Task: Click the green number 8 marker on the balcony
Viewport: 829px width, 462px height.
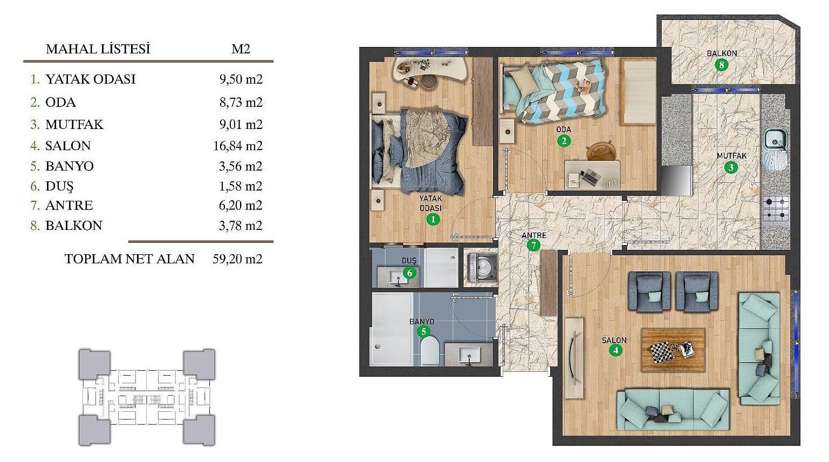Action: point(721,65)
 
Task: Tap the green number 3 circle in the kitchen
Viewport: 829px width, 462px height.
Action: point(731,167)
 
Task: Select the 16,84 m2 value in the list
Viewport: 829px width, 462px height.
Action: point(238,146)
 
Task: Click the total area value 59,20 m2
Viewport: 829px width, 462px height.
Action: point(238,259)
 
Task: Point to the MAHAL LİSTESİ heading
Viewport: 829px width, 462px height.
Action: point(98,49)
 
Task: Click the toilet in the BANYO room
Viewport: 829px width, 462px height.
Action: point(430,351)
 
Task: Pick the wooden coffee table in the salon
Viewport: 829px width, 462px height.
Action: point(673,350)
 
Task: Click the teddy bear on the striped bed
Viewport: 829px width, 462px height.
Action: point(584,86)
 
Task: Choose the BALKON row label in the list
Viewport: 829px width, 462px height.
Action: point(74,226)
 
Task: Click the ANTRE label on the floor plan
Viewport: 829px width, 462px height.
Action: point(534,235)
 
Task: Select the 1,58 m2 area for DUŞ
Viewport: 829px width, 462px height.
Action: point(241,186)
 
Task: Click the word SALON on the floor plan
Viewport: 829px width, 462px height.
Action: point(614,340)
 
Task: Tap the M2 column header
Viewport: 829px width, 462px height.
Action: point(241,49)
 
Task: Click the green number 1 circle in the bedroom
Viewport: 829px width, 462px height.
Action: point(433,220)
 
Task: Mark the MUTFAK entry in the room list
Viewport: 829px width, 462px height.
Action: point(74,124)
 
